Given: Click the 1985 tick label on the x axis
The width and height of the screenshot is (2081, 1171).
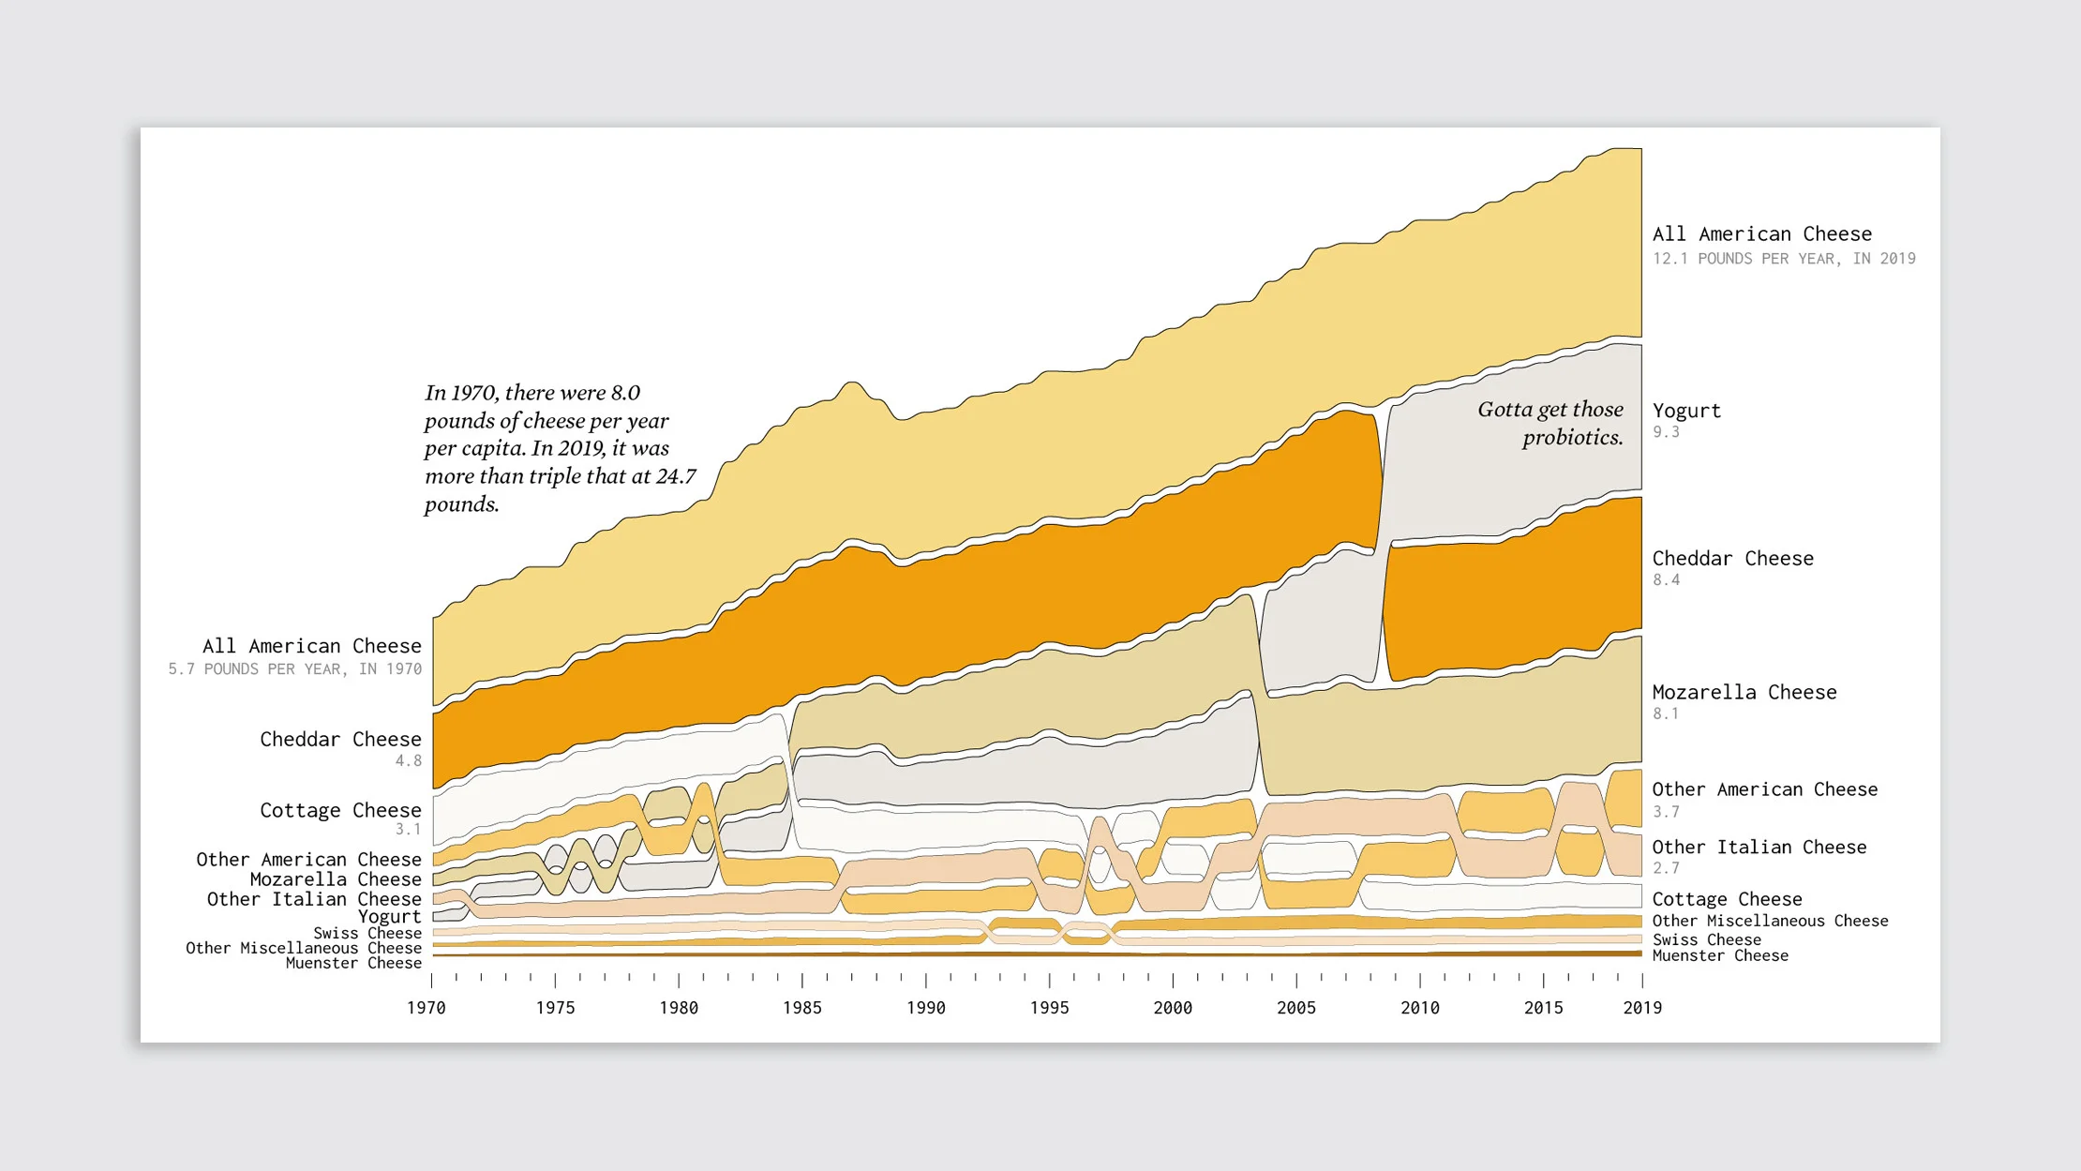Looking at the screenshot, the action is tap(802, 1008).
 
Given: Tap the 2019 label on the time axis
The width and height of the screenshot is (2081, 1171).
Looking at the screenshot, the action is tap(1642, 1008).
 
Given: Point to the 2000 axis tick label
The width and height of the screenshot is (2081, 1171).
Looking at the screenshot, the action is tap(1173, 1008).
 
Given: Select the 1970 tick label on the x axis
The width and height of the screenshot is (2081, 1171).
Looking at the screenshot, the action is tap(427, 1008).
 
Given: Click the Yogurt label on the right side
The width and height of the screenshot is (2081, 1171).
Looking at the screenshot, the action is tap(1686, 411).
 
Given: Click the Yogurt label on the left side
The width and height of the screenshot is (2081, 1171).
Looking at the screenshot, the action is tap(390, 917).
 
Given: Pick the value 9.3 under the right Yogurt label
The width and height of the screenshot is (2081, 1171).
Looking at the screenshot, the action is tap(1666, 432).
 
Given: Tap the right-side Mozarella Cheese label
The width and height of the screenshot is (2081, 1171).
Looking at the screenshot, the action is tap(1744, 692).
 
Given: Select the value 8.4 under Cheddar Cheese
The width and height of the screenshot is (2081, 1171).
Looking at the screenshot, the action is tap(1666, 580).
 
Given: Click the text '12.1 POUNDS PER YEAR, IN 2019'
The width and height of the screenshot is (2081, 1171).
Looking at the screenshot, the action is tap(1784, 259).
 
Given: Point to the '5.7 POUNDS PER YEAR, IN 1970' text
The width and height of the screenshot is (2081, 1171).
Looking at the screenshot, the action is tap(295, 669).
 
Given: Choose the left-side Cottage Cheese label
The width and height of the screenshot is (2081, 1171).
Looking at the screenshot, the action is tap(340, 810).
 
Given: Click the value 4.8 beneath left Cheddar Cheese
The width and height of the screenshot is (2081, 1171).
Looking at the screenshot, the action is tap(409, 761).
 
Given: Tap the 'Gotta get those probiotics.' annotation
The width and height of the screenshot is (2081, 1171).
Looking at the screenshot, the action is tap(1550, 423).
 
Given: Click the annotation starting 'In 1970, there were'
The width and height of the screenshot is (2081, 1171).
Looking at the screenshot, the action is tap(560, 448).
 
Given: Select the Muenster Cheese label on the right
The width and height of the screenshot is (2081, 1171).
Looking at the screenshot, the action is tap(1720, 956).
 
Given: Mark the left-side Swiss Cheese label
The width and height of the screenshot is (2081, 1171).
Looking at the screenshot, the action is tap(367, 934).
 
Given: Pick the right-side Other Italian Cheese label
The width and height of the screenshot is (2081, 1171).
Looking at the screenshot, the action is tap(1759, 848).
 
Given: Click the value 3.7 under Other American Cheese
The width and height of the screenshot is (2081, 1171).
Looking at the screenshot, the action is tap(1666, 812).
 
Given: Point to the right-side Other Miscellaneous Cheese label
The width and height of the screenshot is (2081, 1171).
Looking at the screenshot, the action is tap(1770, 922).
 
